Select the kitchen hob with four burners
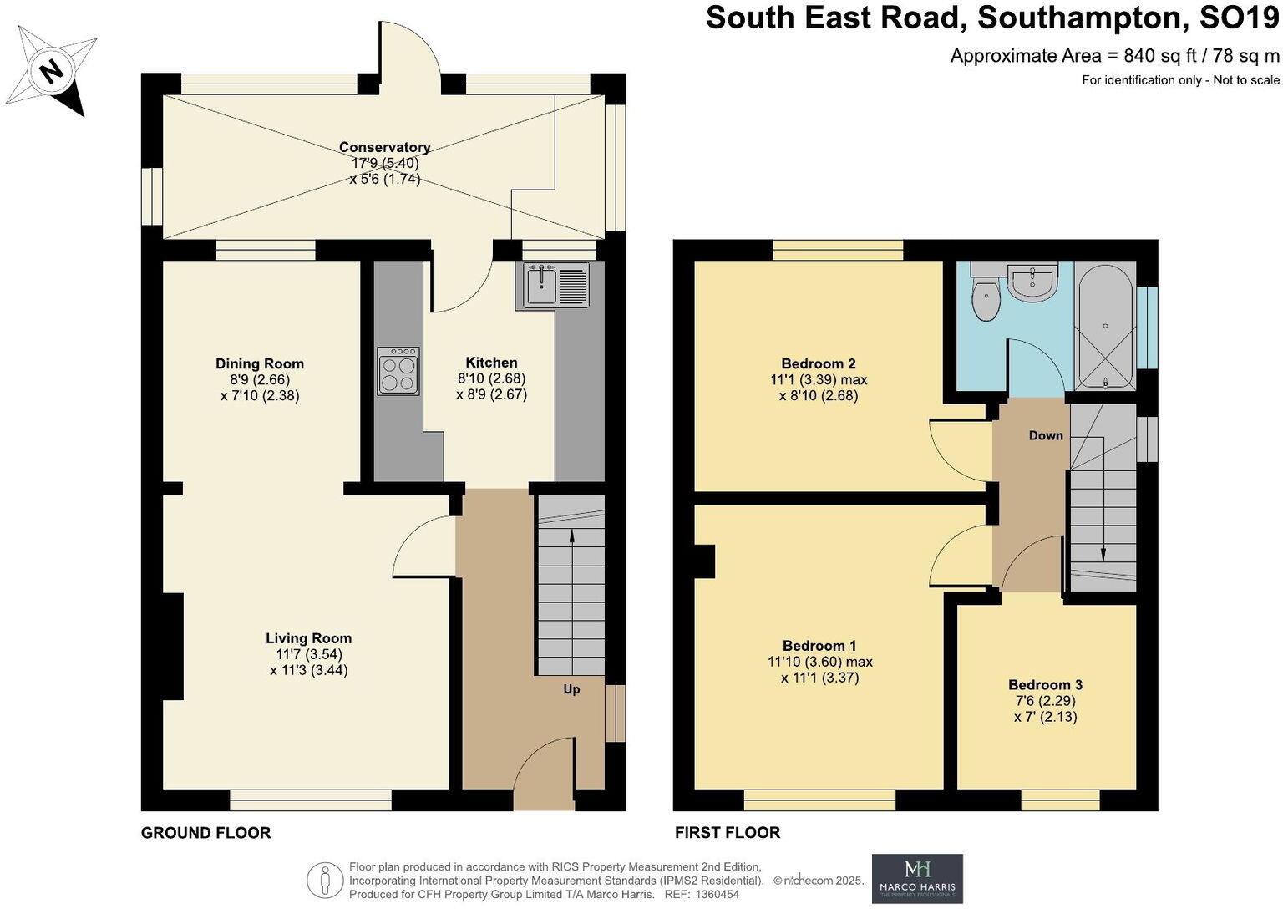click(x=398, y=371)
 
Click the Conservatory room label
click(x=384, y=147)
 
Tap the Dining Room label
click(x=260, y=363)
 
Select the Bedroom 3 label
click(x=1045, y=684)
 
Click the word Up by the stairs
click(x=571, y=689)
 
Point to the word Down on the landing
click(x=1045, y=435)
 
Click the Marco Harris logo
click(x=917, y=878)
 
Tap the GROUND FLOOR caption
click(x=205, y=833)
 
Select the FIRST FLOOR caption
click(x=727, y=833)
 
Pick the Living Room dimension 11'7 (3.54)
click(x=309, y=654)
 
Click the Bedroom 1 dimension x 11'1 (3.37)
click(x=819, y=678)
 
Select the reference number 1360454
click(x=712, y=894)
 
